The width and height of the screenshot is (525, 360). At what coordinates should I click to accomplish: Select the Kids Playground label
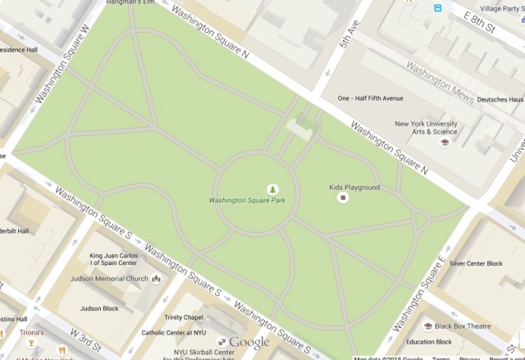click(x=354, y=187)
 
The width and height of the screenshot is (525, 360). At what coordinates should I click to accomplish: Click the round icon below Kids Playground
click(x=343, y=198)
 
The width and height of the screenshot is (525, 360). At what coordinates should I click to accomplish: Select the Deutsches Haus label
click(x=500, y=98)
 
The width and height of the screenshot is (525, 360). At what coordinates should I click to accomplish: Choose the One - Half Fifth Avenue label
click(x=371, y=98)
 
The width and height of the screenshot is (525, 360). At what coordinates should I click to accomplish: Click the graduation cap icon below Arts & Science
click(x=445, y=143)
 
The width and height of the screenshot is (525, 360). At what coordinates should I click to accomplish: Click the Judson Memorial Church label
click(x=114, y=279)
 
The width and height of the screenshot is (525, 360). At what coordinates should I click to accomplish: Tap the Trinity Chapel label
click(x=183, y=318)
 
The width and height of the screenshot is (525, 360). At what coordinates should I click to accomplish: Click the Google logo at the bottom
click(x=249, y=342)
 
